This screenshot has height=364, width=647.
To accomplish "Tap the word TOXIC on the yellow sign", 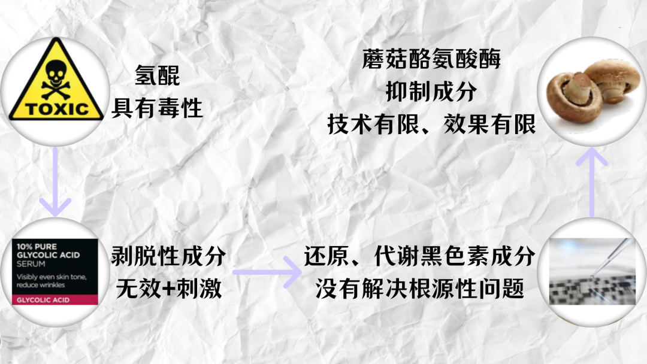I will point(58,109).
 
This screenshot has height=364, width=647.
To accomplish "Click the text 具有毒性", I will point(158,108).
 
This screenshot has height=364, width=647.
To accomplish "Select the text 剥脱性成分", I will point(168,256).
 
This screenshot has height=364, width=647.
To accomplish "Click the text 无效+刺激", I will point(168,289).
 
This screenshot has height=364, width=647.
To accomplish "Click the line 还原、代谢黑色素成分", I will point(419,256).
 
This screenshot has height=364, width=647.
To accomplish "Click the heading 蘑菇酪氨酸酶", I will point(431,60).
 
